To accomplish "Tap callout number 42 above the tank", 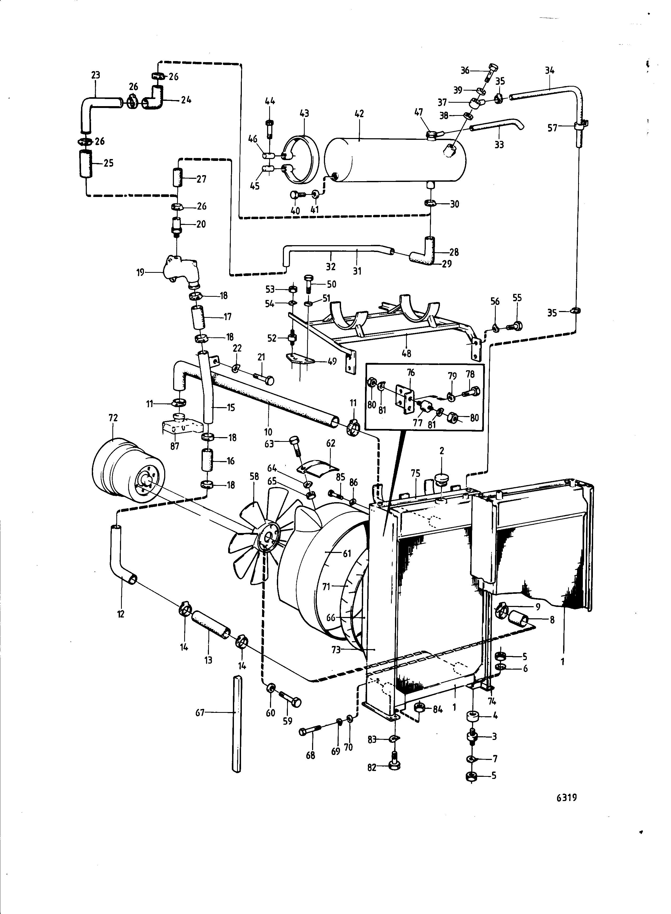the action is (x=359, y=114).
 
